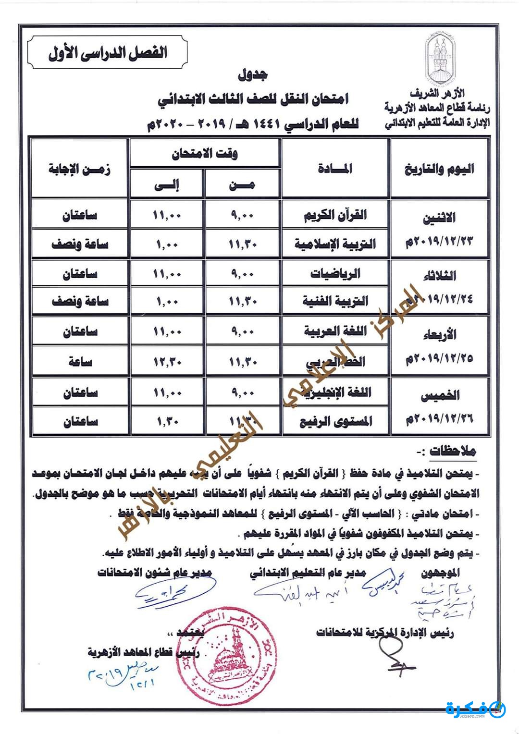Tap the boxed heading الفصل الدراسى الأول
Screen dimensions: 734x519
click(108, 52)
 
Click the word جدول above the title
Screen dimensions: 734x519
click(253, 74)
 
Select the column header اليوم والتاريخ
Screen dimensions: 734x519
click(439, 169)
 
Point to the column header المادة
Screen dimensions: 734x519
click(334, 168)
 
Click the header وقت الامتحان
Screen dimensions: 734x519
click(205, 154)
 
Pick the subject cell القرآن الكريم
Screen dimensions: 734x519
click(335, 215)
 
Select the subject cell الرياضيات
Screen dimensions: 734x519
click(335, 274)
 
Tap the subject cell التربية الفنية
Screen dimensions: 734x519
click(335, 301)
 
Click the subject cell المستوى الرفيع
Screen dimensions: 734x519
click(335, 422)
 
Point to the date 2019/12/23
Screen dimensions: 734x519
click(439, 241)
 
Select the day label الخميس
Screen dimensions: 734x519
click(440, 396)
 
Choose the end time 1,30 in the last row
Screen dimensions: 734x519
click(167, 422)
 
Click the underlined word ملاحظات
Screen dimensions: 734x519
click(453, 452)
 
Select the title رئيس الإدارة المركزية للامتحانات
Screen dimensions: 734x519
click(384, 632)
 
